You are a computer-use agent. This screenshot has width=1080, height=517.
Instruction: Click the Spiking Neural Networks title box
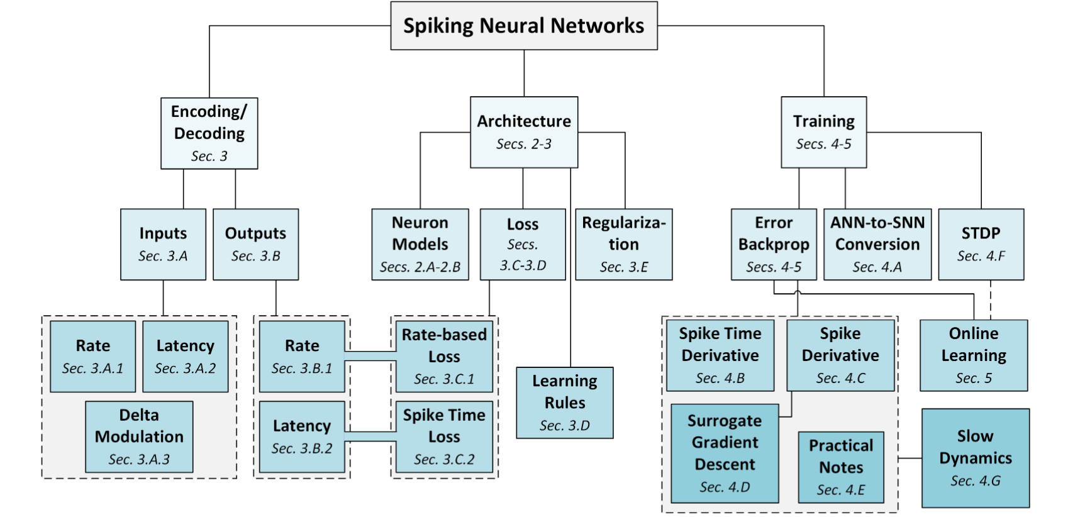tap(524, 26)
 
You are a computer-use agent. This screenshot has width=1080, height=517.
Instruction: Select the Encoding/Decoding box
tap(209, 133)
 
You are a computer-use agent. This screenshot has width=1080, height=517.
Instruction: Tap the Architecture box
tap(524, 132)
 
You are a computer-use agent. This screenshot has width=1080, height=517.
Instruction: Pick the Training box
tap(824, 132)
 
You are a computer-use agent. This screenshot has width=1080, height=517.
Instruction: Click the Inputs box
tap(163, 245)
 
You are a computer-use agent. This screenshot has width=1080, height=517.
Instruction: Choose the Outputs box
tap(256, 245)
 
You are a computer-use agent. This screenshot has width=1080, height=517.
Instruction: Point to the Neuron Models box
tap(420, 245)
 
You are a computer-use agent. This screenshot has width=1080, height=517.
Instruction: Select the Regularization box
tap(624, 245)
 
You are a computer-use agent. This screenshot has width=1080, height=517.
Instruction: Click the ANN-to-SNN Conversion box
tap(877, 245)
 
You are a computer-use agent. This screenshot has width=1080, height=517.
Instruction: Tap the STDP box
tap(981, 245)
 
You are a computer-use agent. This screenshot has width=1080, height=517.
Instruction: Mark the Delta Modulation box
tap(139, 437)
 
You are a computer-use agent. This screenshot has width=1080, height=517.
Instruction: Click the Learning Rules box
tap(565, 403)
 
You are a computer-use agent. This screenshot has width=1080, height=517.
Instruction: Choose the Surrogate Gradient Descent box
tap(725, 453)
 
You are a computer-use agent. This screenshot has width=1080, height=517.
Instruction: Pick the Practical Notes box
tap(841, 467)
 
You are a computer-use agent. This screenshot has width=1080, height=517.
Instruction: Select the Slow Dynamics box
tap(976, 458)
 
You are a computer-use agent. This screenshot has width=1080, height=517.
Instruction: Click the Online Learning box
tap(974, 355)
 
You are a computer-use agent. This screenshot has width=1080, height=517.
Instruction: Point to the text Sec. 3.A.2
tap(186, 369)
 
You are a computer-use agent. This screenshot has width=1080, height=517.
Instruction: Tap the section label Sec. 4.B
tap(720, 378)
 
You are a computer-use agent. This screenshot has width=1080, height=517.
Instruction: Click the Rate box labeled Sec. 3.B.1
tap(302, 357)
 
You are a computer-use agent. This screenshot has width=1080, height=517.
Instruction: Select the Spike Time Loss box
tap(444, 437)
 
